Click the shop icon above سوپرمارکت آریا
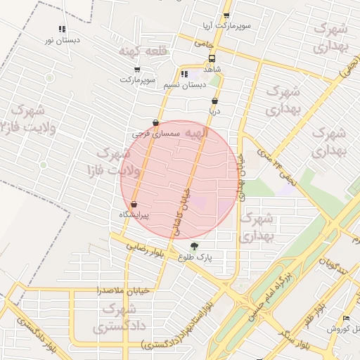pos(226,15)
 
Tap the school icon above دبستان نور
pos(63,30)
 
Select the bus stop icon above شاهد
pos(212,59)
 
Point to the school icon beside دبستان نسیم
pos(184,74)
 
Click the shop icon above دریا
pos(214,101)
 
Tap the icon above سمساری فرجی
pos(155,122)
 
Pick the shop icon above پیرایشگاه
pos(134,205)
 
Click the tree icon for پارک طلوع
pos(195,246)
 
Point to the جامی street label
pos(203,44)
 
